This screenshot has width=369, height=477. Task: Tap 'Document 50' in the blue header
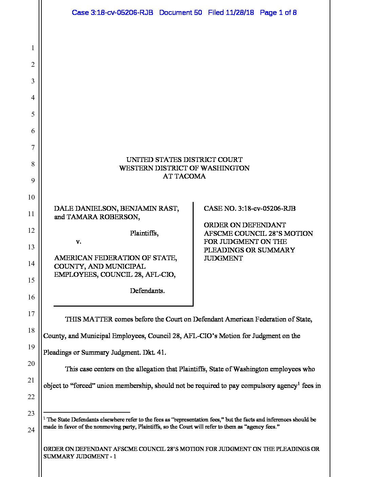coord(180,13)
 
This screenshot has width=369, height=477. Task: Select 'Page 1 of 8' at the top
coord(278,13)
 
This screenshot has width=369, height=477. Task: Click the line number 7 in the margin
coord(33,147)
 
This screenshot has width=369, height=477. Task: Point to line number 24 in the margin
coord(31,430)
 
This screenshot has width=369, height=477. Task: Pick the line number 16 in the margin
coord(31,297)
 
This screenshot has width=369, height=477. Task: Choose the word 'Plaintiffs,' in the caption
coord(144,233)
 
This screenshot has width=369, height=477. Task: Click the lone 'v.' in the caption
coord(78,242)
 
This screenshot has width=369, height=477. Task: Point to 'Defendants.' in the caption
coord(147,291)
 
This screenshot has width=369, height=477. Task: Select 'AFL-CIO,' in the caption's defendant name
coord(160,274)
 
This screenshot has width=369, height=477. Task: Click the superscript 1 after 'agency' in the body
coord(299,383)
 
